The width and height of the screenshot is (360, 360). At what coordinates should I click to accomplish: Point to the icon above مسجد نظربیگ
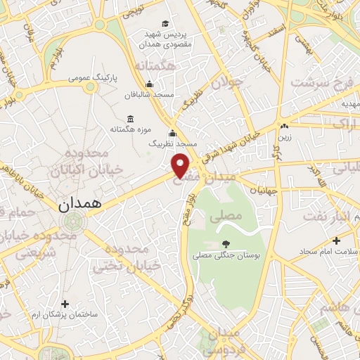(x=172, y=134)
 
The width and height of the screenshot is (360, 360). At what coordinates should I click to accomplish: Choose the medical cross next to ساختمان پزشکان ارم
(x=65, y=304)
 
